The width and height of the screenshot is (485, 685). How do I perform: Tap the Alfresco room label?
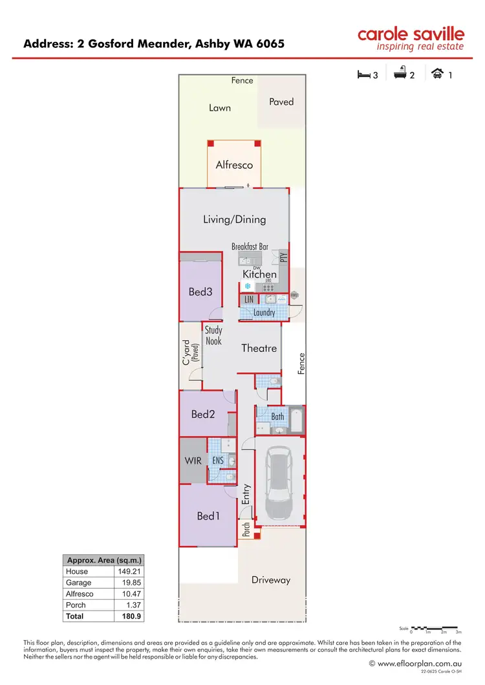click(x=234, y=165)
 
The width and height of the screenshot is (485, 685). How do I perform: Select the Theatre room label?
click(x=259, y=349)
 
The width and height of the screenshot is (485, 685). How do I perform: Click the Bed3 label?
click(x=200, y=292)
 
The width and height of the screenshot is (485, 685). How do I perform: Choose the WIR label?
click(x=192, y=461)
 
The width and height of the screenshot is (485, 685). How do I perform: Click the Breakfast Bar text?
click(x=250, y=246)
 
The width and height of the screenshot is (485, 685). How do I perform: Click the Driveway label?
click(x=271, y=580)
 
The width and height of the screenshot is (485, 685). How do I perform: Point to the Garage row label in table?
click(x=78, y=583)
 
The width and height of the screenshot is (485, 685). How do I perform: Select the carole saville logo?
click(x=411, y=39)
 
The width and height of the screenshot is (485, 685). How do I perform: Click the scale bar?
click(x=436, y=628)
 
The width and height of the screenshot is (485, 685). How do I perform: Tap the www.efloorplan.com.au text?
click(x=420, y=664)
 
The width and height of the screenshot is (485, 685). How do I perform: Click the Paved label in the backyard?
click(x=281, y=102)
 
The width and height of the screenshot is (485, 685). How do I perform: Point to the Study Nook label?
click(x=213, y=336)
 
